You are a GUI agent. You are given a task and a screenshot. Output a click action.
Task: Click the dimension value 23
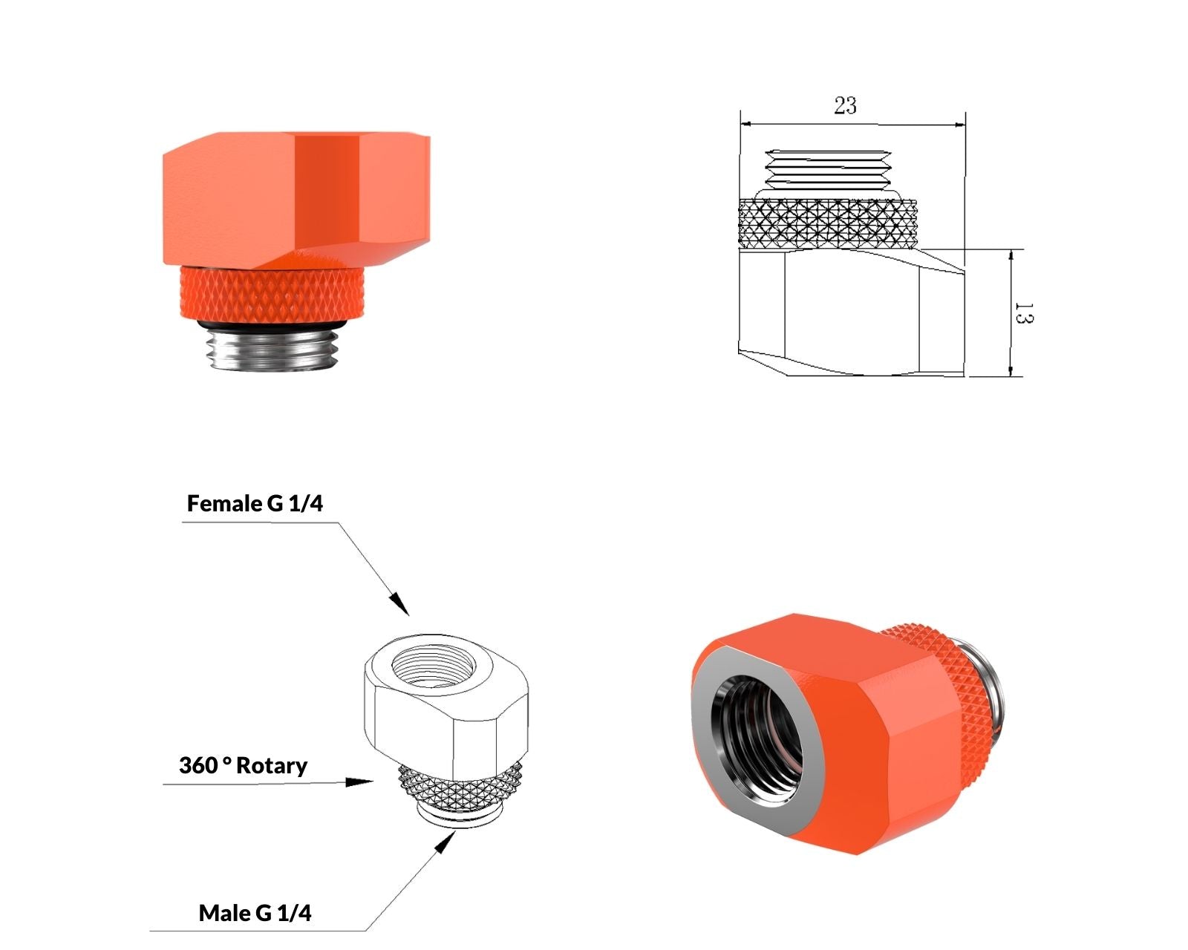(x=845, y=105)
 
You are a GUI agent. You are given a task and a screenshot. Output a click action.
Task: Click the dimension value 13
(x=1023, y=312)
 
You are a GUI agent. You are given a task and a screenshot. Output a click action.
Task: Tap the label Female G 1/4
(x=255, y=503)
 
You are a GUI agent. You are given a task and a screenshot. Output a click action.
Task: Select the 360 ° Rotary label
(x=243, y=766)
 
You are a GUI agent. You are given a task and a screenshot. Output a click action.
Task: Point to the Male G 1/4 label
(x=255, y=913)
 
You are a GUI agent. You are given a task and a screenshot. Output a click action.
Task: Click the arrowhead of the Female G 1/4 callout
(x=399, y=604)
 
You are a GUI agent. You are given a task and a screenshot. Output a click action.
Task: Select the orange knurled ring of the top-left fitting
(x=272, y=292)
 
